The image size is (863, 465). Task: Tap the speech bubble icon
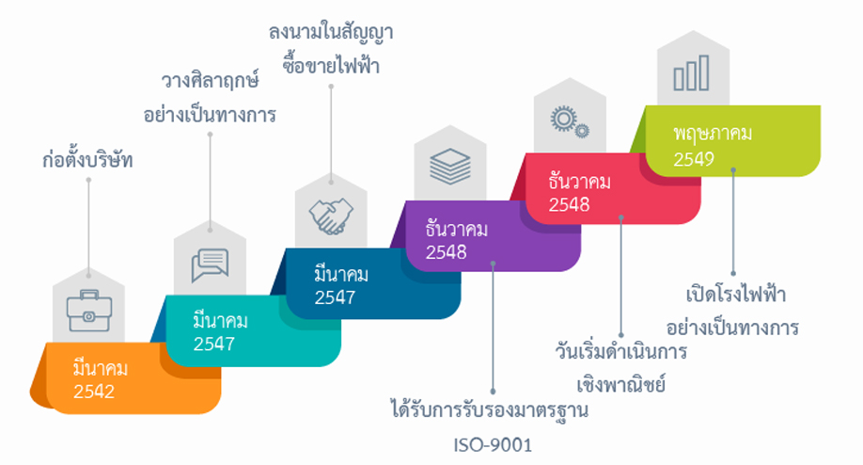[x=210, y=265]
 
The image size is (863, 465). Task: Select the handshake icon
[x=330, y=216]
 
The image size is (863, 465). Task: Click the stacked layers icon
[x=450, y=168]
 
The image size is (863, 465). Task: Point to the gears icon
[x=569, y=121]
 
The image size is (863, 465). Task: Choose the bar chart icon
[x=691, y=72]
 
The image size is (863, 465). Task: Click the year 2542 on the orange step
[x=93, y=391]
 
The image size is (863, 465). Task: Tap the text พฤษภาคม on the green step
[x=712, y=133]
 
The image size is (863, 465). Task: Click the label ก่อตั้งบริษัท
[x=87, y=160]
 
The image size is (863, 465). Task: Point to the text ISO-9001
[x=493, y=444]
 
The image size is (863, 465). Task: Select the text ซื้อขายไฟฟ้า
[x=330, y=66]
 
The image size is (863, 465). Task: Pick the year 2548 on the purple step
[x=446, y=251]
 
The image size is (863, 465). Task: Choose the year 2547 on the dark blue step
[x=334, y=298]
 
